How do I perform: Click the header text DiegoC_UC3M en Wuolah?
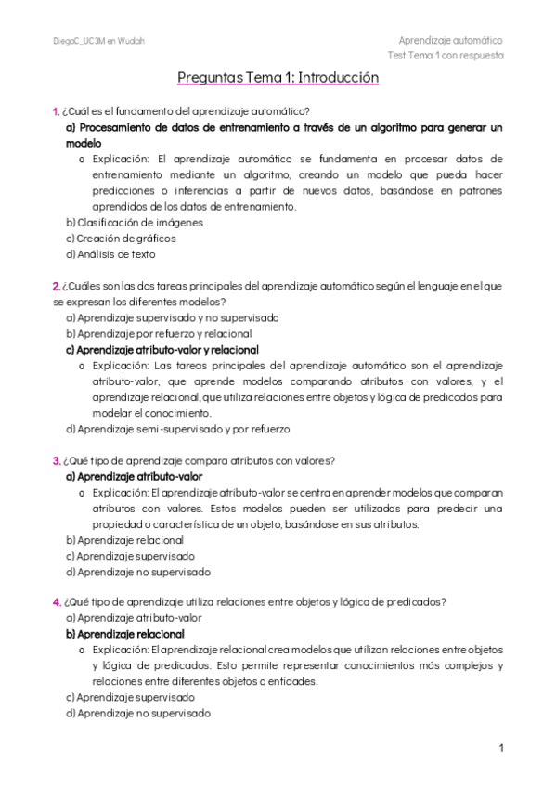click(x=98, y=41)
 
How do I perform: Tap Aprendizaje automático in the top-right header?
click(x=450, y=40)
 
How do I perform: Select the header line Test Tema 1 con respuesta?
click(x=446, y=55)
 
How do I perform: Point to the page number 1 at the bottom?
click(x=500, y=747)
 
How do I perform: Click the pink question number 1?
click(x=56, y=111)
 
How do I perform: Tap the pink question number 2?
click(x=57, y=286)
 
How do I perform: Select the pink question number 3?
click(x=57, y=460)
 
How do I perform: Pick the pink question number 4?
click(x=57, y=601)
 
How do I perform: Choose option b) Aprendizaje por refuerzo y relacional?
click(x=158, y=333)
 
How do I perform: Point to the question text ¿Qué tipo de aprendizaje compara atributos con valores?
click(x=199, y=460)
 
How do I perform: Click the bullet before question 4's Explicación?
click(x=84, y=650)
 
